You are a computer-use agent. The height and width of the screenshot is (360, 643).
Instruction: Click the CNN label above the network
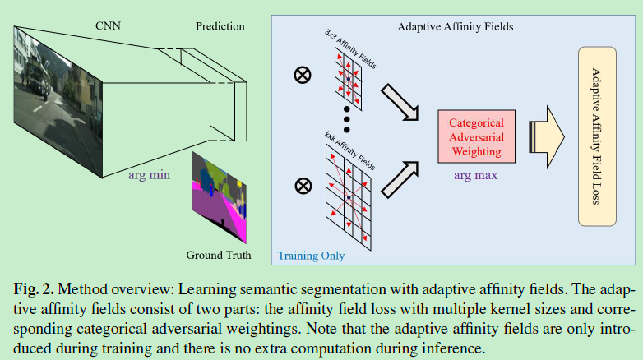[x=109, y=26]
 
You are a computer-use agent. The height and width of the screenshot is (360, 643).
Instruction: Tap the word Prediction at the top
[x=220, y=26]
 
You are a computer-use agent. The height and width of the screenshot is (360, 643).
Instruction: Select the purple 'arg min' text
[x=150, y=175]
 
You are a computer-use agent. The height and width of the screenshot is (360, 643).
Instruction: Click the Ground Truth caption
[x=219, y=254]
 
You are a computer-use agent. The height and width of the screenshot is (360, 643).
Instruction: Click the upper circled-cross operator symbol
[x=303, y=76]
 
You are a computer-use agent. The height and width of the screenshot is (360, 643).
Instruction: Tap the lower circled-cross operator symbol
[x=303, y=185]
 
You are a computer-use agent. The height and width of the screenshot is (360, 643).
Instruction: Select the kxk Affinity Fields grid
[x=349, y=197]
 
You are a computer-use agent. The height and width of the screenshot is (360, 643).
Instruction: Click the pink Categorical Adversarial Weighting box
[x=476, y=136]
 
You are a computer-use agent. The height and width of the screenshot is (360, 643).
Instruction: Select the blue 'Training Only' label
[x=311, y=256]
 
